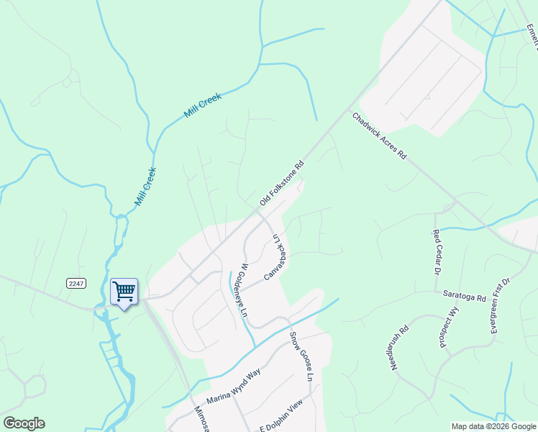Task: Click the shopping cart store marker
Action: click(124, 292)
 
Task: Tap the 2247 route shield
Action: click(76, 284)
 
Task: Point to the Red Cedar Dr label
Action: click(436, 251)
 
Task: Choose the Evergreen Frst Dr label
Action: click(499, 305)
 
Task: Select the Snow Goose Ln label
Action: click(303, 356)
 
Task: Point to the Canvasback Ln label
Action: click(276, 256)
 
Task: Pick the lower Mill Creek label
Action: click(145, 186)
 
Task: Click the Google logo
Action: click(24, 423)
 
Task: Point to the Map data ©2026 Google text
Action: click(493, 426)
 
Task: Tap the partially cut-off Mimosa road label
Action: click(199, 420)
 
